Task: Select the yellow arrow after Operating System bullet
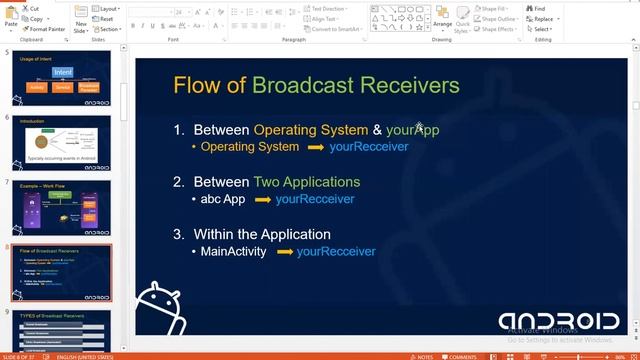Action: click(315, 147)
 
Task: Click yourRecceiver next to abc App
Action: click(315, 199)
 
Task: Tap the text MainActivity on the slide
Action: click(234, 251)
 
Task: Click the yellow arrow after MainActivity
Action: click(282, 252)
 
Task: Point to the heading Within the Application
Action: click(262, 234)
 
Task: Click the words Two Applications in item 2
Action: click(307, 182)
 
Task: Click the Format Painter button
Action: click(44, 29)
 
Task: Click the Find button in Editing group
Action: click(539, 8)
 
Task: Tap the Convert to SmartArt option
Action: click(334, 29)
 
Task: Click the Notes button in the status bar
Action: click(422, 356)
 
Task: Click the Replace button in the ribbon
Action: click(542, 19)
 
